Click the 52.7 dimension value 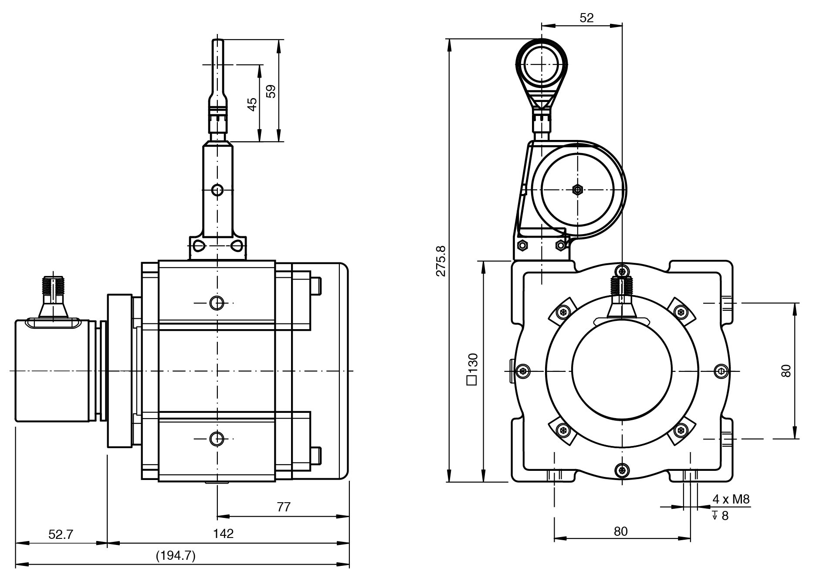coord(61,534)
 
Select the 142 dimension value coord(224,534)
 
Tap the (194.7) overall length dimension coord(176,556)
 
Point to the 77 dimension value coord(284,507)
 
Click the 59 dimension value coord(271,91)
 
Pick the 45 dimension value coord(252,104)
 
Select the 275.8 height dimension coord(441,261)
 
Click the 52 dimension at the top coord(586,18)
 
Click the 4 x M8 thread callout coord(731,500)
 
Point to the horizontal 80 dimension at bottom coord(620,531)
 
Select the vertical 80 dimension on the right coord(786,371)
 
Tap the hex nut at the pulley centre coord(577,190)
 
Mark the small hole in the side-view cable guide coord(217,190)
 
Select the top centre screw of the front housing coord(622,270)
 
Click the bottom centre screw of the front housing coord(622,470)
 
